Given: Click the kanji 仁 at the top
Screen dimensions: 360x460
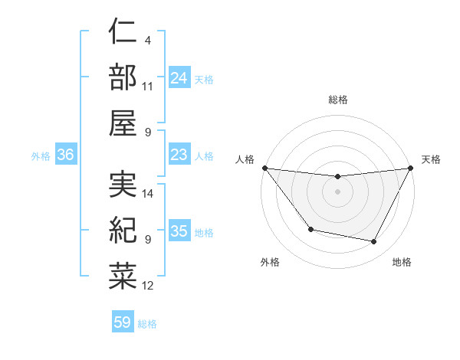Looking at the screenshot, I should [123, 34].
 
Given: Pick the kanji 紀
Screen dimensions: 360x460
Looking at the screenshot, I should [123, 229].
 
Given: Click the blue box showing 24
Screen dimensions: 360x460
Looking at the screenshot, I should [179, 78].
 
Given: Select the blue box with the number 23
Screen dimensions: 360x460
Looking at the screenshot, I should [179, 155].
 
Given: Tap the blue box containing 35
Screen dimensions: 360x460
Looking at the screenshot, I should [179, 231].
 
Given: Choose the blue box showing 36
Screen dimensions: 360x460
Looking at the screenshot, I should [65, 155].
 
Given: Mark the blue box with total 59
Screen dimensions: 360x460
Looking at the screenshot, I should [123, 322].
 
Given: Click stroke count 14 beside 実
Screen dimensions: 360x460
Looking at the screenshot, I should [148, 194].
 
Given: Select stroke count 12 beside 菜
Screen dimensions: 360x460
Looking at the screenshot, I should [148, 286].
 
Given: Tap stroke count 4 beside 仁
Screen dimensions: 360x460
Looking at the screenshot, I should [147, 40].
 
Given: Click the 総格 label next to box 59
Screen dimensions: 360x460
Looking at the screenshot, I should [147, 324].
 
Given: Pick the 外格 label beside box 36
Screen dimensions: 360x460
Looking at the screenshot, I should [41, 156].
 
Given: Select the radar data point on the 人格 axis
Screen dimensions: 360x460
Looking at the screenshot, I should [264, 168].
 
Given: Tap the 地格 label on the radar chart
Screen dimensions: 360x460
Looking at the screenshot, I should [402, 262].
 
